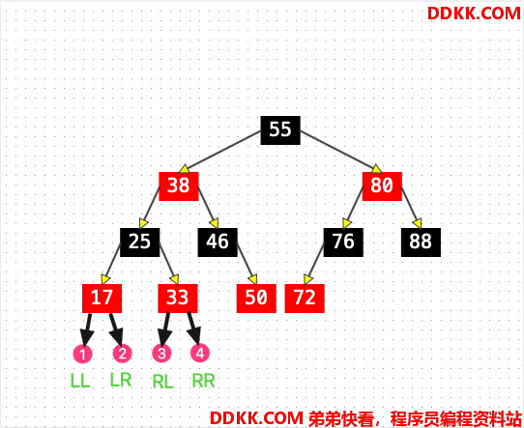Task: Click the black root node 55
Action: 280,130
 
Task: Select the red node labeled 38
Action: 179,186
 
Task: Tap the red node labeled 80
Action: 382,186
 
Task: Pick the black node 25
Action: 139,243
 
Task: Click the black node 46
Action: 218,243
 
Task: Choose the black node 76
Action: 343,243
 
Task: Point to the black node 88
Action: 421,243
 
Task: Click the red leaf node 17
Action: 102,299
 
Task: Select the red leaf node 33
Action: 178,299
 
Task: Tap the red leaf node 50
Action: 256,299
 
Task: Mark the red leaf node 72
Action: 305,299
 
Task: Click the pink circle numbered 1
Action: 83,354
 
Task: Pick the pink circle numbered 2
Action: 123,354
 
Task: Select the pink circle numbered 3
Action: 161,354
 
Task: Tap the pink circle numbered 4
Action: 200,353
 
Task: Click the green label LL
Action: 80,381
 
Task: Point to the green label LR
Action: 121,380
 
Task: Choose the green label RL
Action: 163,382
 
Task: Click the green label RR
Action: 203,381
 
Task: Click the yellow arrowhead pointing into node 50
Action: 253,279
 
